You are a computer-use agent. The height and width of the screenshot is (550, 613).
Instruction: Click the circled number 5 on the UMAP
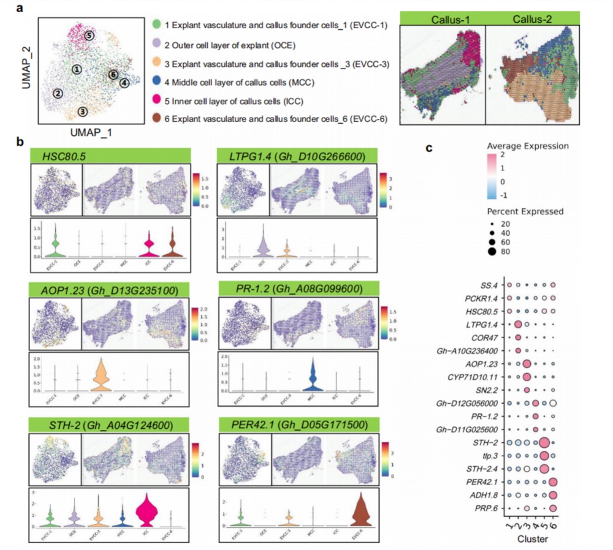89,36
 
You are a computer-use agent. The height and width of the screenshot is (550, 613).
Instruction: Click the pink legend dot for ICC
157,100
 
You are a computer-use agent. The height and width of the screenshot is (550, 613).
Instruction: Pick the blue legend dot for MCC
157,81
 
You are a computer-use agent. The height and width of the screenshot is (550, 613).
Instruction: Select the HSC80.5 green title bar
109,156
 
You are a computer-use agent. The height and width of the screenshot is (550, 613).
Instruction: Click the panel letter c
429,148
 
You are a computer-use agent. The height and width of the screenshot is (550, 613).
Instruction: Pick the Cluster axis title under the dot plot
530,540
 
